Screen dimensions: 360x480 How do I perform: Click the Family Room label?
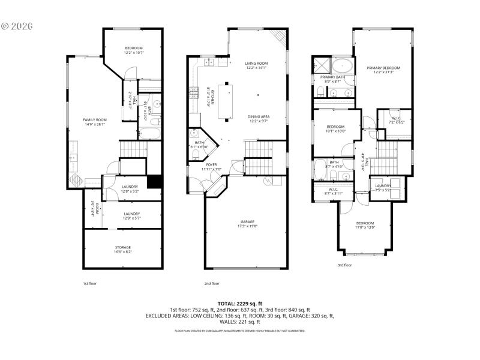click(94, 122)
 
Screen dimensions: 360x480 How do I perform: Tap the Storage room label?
click(123, 250)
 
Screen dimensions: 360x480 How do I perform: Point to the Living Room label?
click(256, 65)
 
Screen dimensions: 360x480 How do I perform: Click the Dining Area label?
click(259, 118)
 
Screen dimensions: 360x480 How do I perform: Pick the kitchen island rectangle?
click(227, 100)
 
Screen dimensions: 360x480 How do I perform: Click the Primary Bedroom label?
click(383, 70)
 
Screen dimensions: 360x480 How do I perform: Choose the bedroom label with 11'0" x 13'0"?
click(365, 225)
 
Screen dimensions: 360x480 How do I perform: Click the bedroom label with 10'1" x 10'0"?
click(335, 128)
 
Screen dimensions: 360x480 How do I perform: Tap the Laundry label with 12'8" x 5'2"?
click(130, 189)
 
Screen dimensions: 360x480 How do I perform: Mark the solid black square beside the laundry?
click(155, 181)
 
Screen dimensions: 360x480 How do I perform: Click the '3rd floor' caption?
click(344, 265)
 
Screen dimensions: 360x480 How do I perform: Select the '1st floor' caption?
click(89, 283)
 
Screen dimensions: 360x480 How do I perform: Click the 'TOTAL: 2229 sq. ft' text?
click(240, 304)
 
